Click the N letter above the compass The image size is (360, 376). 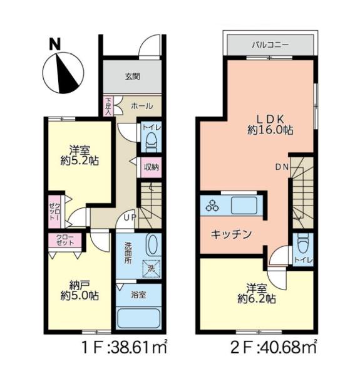[54, 44]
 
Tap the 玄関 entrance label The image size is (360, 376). [133, 76]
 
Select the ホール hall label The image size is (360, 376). [141, 106]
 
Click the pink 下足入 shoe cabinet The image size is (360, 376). [108, 107]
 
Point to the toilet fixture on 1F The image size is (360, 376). [152, 142]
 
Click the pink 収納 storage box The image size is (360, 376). [151, 167]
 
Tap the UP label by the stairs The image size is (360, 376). [130, 217]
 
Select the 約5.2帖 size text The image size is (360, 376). [80, 161]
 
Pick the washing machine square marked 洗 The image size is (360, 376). [151, 269]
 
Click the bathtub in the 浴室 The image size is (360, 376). [139, 318]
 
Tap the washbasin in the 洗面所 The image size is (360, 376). [152, 245]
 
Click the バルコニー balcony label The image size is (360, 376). [270, 45]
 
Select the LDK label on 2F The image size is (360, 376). [270, 119]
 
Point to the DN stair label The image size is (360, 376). [282, 167]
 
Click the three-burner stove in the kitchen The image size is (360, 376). [212, 206]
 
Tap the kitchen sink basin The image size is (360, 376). [244, 206]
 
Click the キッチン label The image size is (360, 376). [231, 234]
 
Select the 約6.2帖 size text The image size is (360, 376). [257, 299]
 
